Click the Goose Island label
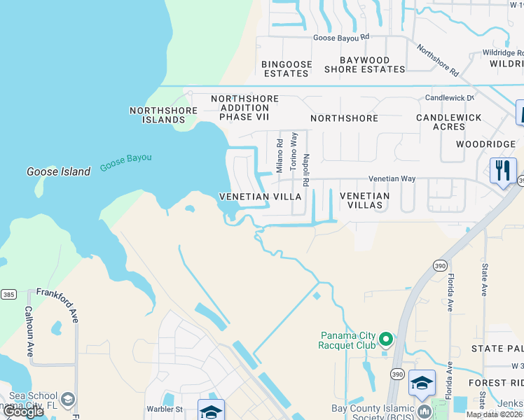58,171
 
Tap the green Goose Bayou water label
125,162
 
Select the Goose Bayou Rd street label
340,38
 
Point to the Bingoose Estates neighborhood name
285,69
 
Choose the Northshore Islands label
157,115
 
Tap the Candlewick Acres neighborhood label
449,122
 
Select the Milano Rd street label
280,155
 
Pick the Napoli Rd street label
306,160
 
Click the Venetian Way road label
392,179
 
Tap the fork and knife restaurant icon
503,171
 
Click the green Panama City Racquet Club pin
385,341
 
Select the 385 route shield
8,295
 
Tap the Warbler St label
164,409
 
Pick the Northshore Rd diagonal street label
438,61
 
